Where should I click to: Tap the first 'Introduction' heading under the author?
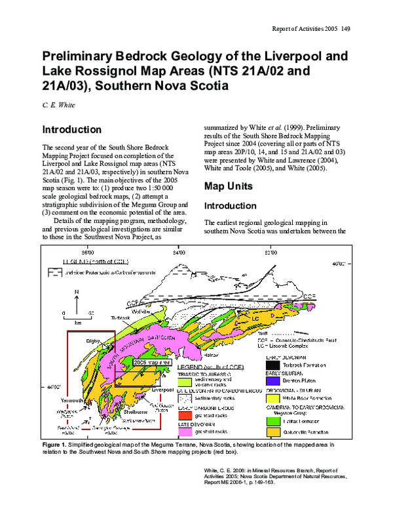click(x=71, y=130)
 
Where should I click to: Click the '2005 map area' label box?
click(x=152, y=361)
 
